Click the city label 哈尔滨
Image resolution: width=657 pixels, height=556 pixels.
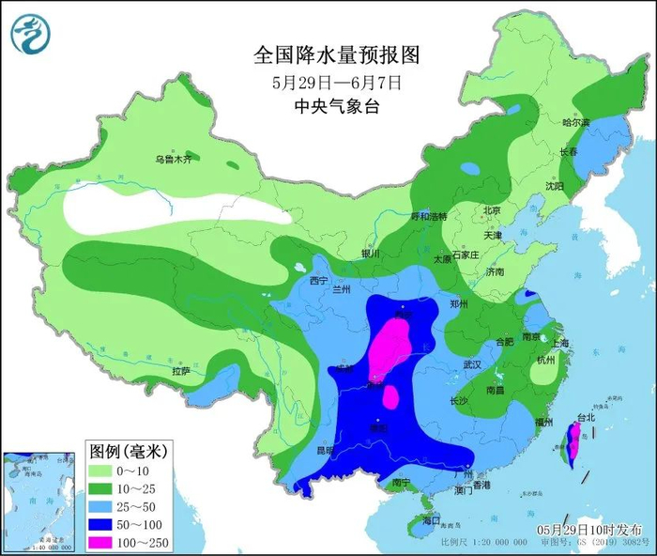(576, 123)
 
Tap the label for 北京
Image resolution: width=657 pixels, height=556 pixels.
(491, 210)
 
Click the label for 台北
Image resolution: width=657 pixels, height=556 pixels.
(586, 417)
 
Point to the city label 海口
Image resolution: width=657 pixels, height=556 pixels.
(431, 519)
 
